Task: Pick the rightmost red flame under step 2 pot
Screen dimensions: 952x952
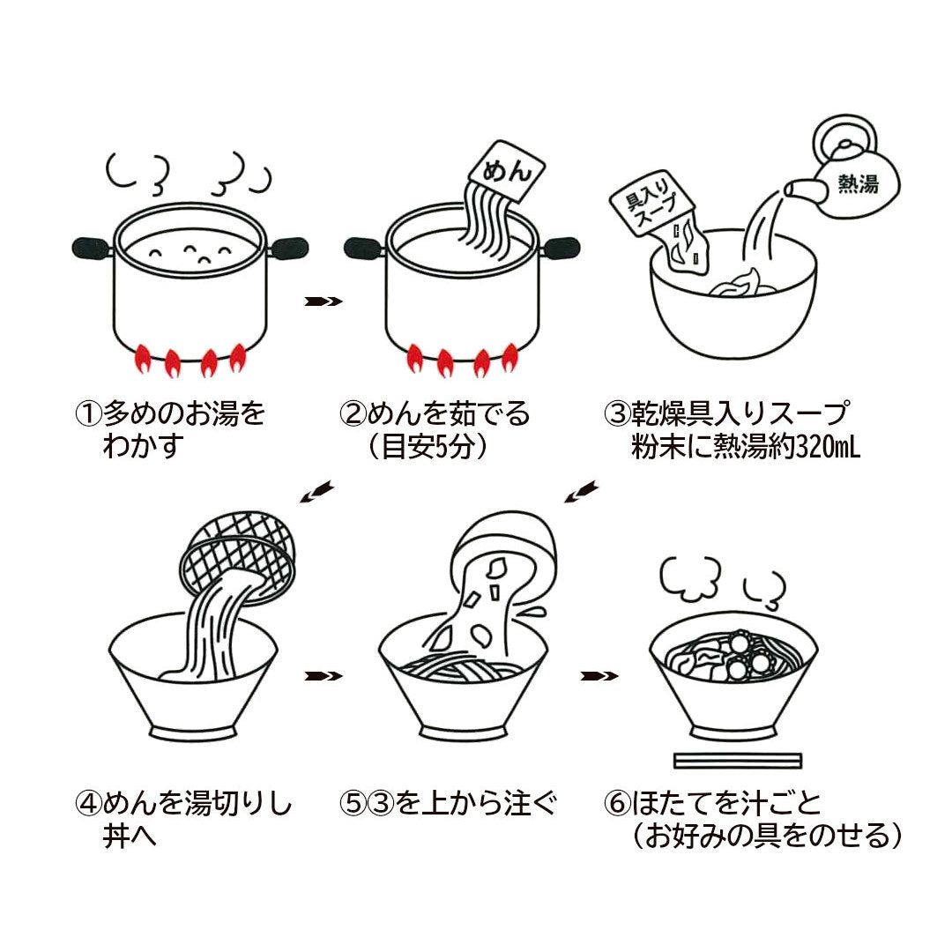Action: pos(509,356)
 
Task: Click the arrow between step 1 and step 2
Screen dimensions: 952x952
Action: pos(323,301)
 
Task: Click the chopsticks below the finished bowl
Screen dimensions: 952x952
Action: pos(737,760)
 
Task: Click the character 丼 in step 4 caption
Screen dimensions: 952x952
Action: pos(116,836)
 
